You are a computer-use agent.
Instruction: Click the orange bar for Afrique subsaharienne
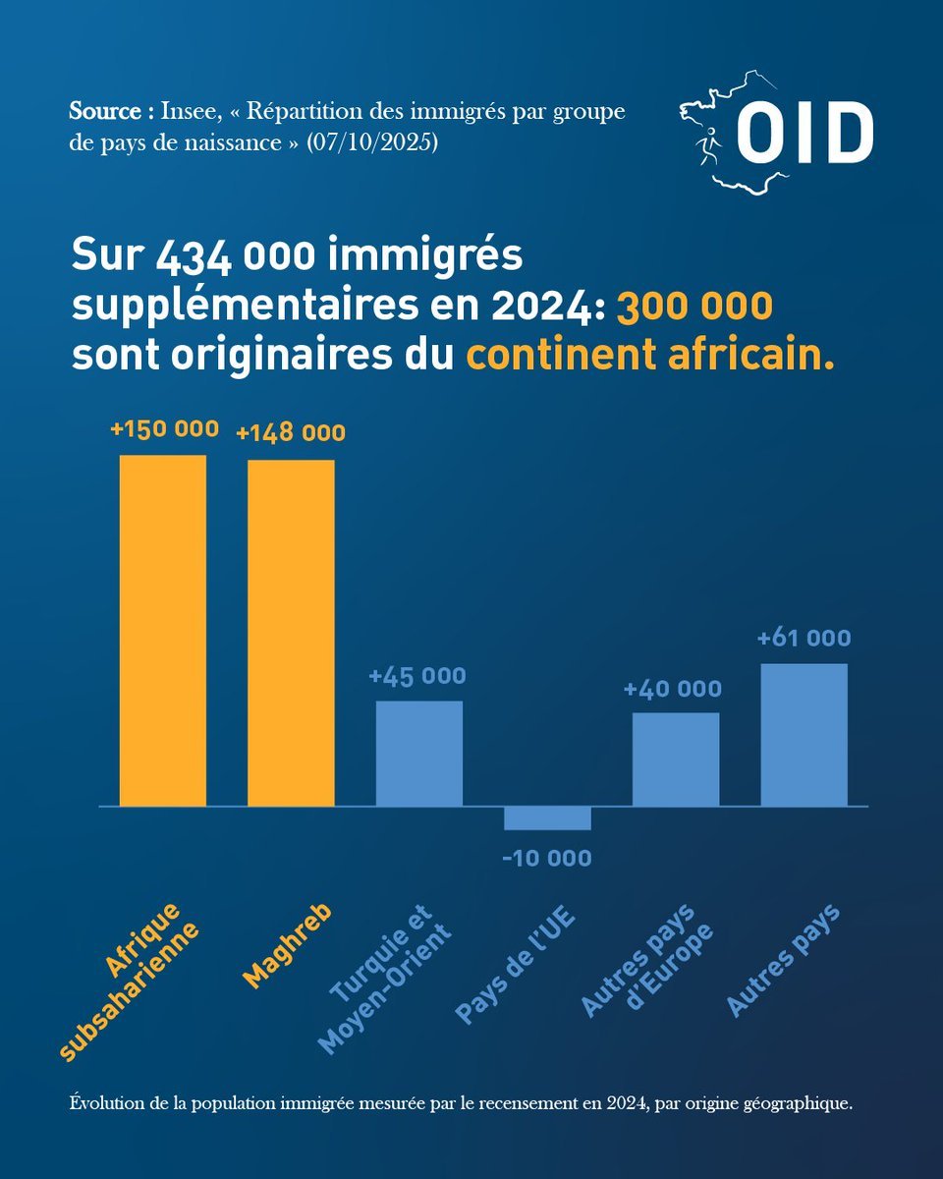pyautogui.click(x=163, y=630)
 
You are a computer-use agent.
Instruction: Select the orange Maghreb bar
pyautogui.click(x=291, y=633)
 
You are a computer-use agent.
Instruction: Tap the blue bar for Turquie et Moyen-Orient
pyautogui.click(x=419, y=754)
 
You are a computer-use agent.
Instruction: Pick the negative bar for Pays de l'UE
pyautogui.click(x=547, y=818)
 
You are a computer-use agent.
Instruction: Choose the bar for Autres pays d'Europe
pyautogui.click(x=676, y=759)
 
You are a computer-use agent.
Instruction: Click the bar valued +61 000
pyautogui.click(x=804, y=735)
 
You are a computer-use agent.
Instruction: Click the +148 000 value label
pyautogui.click(x=291, y=433)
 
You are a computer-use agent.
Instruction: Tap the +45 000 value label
pyautogui.click(x=417, y=676)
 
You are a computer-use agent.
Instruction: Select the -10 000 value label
pyautogui.click(x=547, y=859)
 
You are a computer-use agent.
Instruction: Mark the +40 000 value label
pyautogui.click(x=673, y=689)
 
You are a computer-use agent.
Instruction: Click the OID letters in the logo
pyautogui.click(x=804, y=134)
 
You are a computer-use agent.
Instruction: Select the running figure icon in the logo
pyautogui.click(x=707, y=147)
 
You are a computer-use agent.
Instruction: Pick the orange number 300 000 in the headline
pyautogui.click(x=693, y=308)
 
